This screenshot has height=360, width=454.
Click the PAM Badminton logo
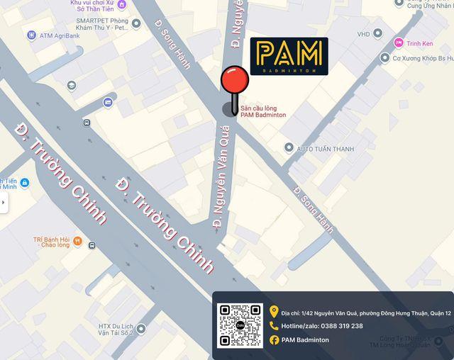[x=289, y=56]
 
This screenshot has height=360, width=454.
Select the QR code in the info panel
[x=240, y=325]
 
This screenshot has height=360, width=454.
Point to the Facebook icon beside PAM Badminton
[x=274, y=340]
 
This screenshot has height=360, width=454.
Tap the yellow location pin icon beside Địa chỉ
[x=274, y=311]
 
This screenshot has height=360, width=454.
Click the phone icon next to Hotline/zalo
[x=274, y=326]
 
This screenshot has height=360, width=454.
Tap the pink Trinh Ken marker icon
[x=399, y=43]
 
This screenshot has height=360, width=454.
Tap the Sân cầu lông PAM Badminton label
[x=263, y=111]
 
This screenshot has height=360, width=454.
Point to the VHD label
[x=363, y=34]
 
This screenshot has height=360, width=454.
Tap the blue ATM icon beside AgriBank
[x=31, y=35]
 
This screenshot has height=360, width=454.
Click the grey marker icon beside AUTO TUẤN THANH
[x=289, y=147]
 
